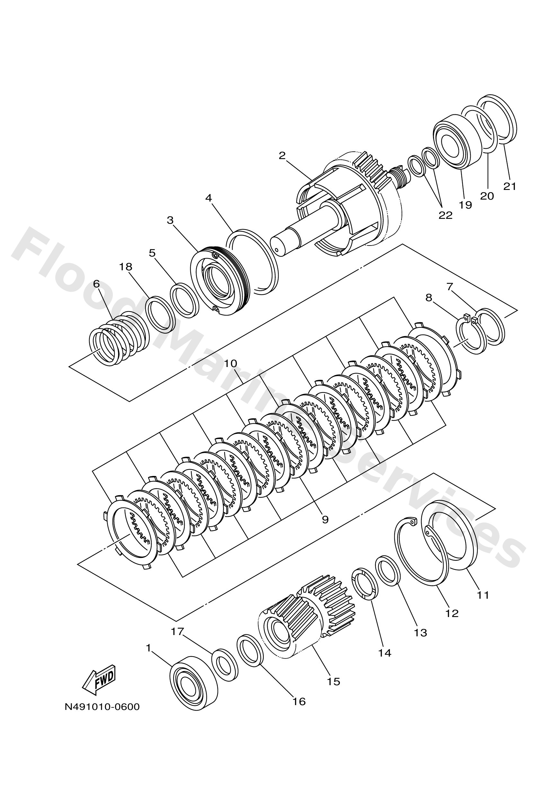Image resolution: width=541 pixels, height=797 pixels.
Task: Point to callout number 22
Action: [x=445, y=215]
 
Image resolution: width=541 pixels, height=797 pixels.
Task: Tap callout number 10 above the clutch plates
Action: [x=231, y=363]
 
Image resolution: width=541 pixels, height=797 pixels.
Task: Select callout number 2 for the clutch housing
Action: [x=282, y=156]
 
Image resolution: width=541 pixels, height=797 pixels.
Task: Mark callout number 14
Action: [x=384, y=653]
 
